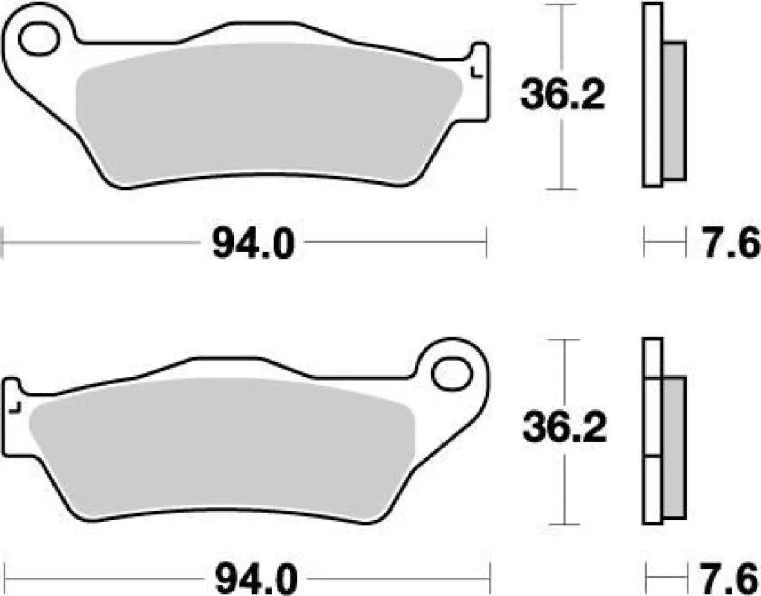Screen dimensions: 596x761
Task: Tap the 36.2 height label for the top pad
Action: (563, 95)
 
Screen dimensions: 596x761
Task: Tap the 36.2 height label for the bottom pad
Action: (564, 428)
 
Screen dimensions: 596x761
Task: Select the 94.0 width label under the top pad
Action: (253, 244)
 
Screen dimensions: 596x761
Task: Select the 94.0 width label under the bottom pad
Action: (255, 578)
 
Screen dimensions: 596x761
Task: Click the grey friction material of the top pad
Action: (268, 113)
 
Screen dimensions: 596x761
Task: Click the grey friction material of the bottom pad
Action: (220, 447)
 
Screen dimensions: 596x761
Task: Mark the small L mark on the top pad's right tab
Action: (476, 73)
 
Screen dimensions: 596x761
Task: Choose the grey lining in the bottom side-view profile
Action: (674, 447)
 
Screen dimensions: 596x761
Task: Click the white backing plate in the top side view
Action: (653, 95)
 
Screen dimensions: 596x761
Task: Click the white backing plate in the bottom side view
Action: (653, 429)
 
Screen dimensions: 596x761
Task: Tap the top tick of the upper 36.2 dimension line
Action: (562, 5)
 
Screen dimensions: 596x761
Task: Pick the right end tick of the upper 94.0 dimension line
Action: (487, 243)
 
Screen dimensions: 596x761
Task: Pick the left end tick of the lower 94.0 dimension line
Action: (13, 577)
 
